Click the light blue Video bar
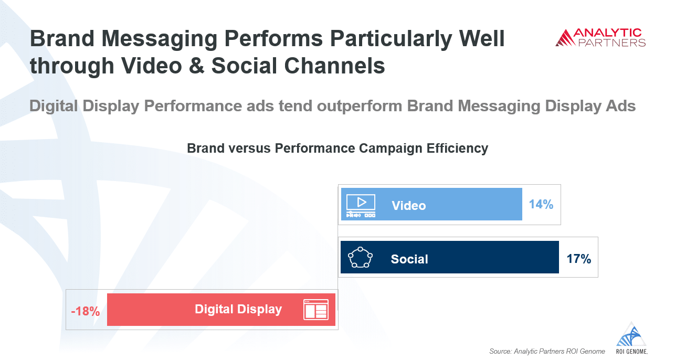click(431, 204)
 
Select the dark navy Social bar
click(450, 257)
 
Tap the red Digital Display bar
click(221, 310)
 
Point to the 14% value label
click(541, 204)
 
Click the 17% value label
click(578, 259)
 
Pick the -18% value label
click(85, 311)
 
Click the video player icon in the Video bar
click(361, 206)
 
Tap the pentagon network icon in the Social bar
click(360, 257)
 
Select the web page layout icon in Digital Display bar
click(316, 310)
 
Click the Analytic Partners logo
click(600, 38)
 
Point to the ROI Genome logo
click(631, 338)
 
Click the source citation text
click(547, 351)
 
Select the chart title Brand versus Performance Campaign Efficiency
click(338, 148)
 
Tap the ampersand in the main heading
click(196, 66)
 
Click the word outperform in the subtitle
click(360, 107)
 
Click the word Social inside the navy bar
click(409, 259)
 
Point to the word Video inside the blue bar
click(408, 206)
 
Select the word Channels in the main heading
click(334, 66)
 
